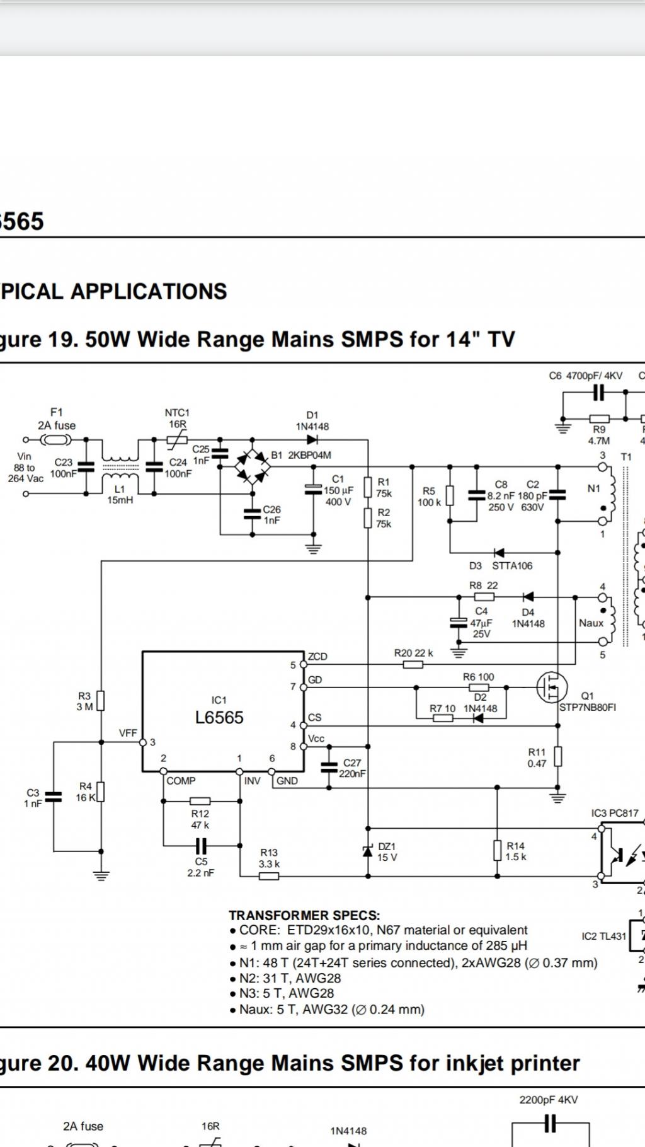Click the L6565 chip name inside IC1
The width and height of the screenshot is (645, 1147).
(x=219, y=717)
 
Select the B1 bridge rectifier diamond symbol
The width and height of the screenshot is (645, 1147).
(x=252, y=467)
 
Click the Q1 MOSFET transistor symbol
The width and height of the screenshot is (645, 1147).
(x=552, y=687)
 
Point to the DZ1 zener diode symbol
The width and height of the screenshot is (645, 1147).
(x=368, y=851)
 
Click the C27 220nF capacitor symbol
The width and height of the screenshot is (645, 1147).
(x=329, y=767)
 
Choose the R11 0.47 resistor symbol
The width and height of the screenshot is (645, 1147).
(x=557, y=756)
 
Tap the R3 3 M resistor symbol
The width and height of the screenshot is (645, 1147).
(x=101, y=701)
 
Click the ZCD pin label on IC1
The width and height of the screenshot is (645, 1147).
(x=317, y=656)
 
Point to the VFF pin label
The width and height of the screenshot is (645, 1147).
(x=128, y=733)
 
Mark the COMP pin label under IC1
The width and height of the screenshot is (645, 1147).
(x=181, y=781)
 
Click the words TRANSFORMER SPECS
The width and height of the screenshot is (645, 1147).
(x=304, y=915)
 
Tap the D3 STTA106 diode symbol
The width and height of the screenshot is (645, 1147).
(x=499, y=553)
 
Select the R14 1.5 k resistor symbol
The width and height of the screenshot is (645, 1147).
(x=498, y=851)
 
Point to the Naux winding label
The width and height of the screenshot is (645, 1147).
(x=591, y=623)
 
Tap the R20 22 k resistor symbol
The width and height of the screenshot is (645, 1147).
(x=413, y=664)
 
